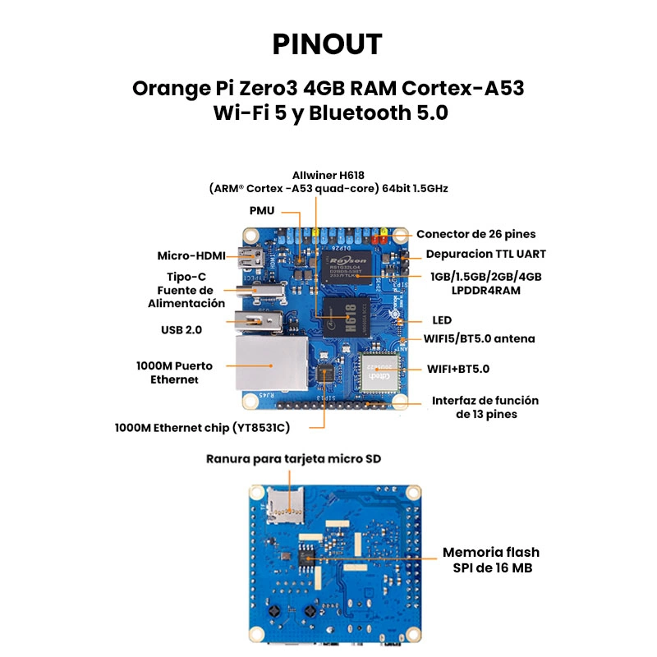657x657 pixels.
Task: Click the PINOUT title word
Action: click(x=328, y=44)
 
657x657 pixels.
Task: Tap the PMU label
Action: click(x=262, y=211)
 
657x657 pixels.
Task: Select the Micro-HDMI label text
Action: click(x=191, y=255)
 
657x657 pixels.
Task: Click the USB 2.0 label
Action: click(x=181, y=329)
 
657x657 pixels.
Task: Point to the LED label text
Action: click(x=442, y=319)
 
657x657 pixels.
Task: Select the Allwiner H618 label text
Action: click(x=328, y=175)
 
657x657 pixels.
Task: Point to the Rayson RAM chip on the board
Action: click(x=347, y=264)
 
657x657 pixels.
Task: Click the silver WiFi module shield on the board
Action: click(x=379, y=371)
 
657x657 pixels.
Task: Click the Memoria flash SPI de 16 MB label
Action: click(x=491, y=559)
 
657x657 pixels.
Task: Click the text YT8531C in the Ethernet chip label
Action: click(x=260, y=427)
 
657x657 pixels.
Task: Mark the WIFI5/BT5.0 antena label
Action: click(x=479, y=338)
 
